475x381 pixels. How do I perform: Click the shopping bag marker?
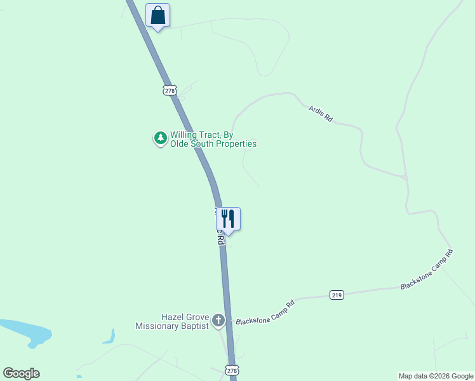[x=157, y=15]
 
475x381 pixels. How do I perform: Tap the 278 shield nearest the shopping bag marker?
[x=169, y=90]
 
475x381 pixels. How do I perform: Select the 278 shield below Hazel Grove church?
[x=232, y=370]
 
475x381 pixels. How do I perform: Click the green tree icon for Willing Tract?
[x=161, y=138]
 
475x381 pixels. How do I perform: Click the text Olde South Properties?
[x=213, y=144]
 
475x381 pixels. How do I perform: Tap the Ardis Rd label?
[x=321, y=114]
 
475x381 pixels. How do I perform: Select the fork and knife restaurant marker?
[x=228, y=219]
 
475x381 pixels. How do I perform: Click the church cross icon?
[x=218, y=321]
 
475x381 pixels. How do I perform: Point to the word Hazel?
[x=173, y=316]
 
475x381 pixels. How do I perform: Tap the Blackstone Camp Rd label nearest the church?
[x=265, y=312]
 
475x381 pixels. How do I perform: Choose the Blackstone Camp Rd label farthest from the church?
[x=427, y=269]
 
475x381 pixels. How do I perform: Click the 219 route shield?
[x=337, y=295]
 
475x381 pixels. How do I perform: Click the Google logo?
[x=21, y=373]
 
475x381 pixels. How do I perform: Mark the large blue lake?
[x=25, y=331]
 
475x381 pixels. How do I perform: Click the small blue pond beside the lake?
[x=109, y=337]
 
